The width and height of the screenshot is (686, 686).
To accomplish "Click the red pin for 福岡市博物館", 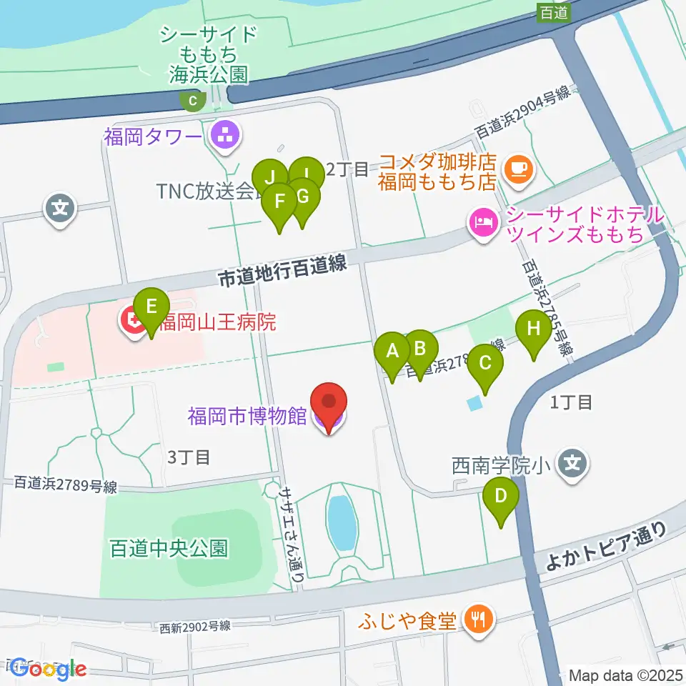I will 329,404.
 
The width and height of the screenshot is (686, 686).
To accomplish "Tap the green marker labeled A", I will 392,352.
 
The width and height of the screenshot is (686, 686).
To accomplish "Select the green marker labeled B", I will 420,349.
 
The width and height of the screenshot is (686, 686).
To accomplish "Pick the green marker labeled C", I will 485,363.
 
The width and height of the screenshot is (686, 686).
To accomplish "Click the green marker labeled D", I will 501,495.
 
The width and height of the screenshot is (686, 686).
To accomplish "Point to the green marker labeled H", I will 534,329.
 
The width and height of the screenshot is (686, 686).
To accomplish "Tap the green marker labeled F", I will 279,202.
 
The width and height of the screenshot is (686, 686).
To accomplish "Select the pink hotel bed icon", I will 482,223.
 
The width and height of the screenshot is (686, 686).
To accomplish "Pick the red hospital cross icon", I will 133,322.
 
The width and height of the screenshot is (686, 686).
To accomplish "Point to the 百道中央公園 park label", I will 169,548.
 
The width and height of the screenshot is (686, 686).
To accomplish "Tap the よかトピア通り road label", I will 606,547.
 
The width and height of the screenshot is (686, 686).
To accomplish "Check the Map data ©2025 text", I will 626,675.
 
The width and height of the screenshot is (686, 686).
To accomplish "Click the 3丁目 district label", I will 189,457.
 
